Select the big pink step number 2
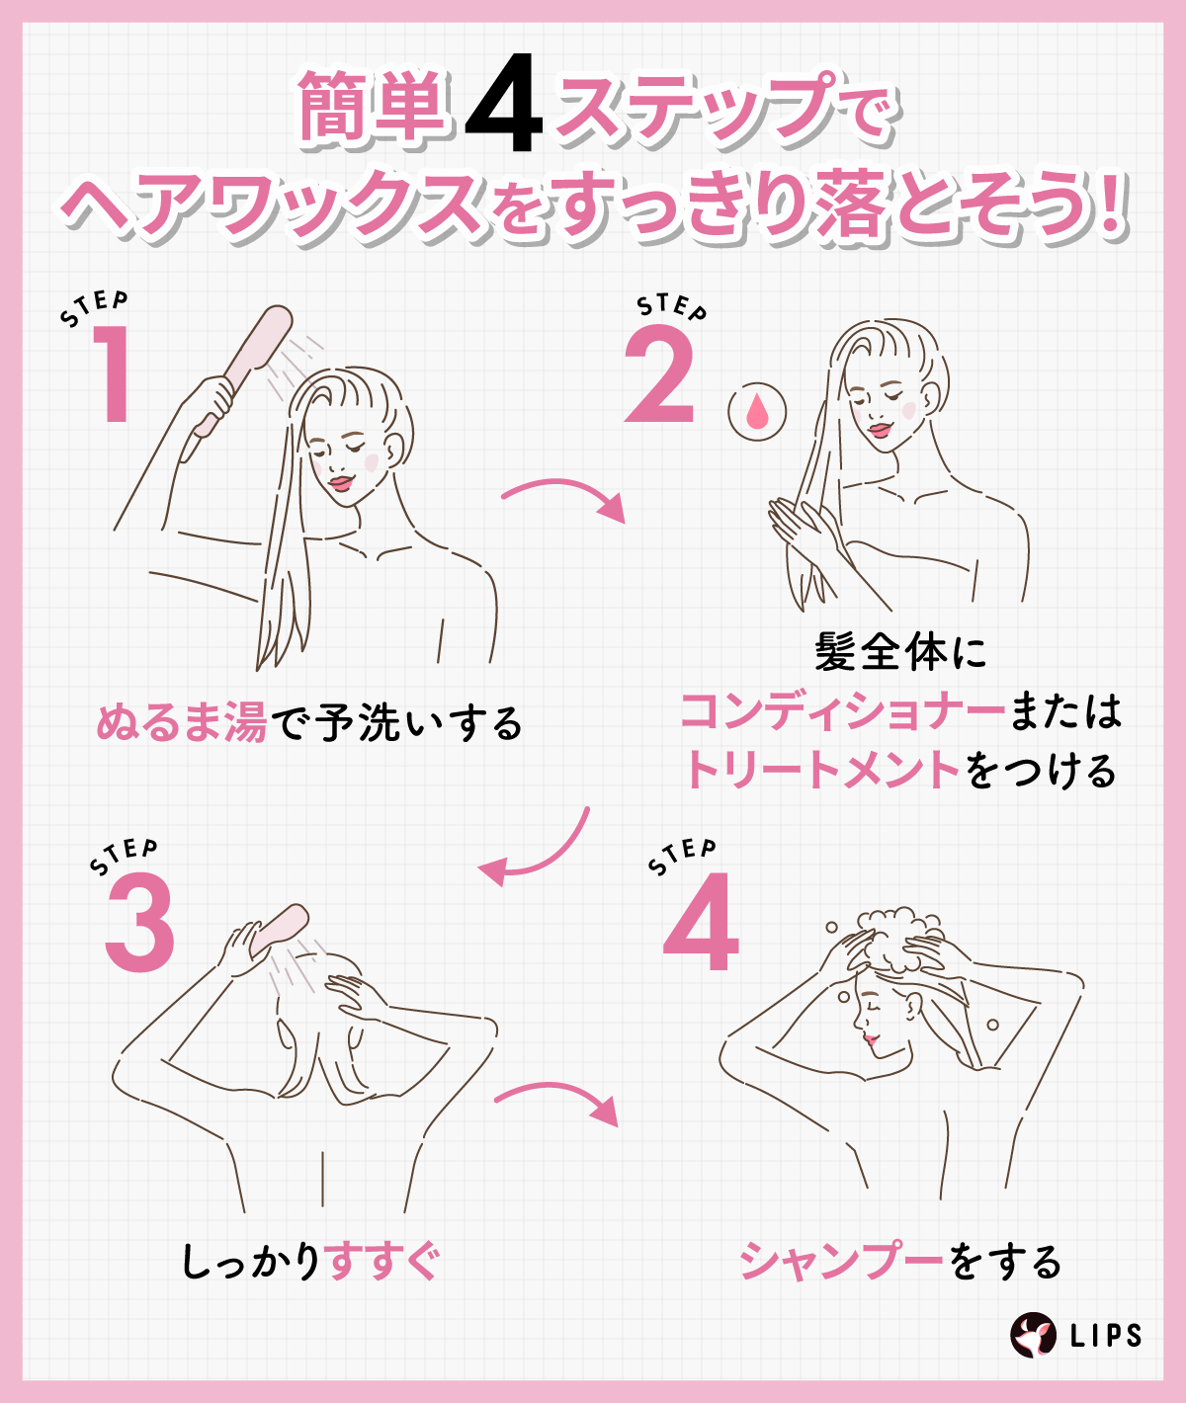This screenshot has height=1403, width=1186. coord(659,375)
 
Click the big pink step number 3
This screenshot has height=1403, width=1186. coord(139,924)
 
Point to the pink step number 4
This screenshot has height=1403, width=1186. coord(702,924)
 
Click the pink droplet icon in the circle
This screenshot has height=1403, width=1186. coord(757,412)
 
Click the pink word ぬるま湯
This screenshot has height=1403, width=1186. coord(182,724)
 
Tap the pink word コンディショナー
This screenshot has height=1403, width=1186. coord(842,711)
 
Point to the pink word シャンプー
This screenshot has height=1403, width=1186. coord(842,1262)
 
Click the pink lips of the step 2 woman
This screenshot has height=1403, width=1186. coord(880,430)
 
